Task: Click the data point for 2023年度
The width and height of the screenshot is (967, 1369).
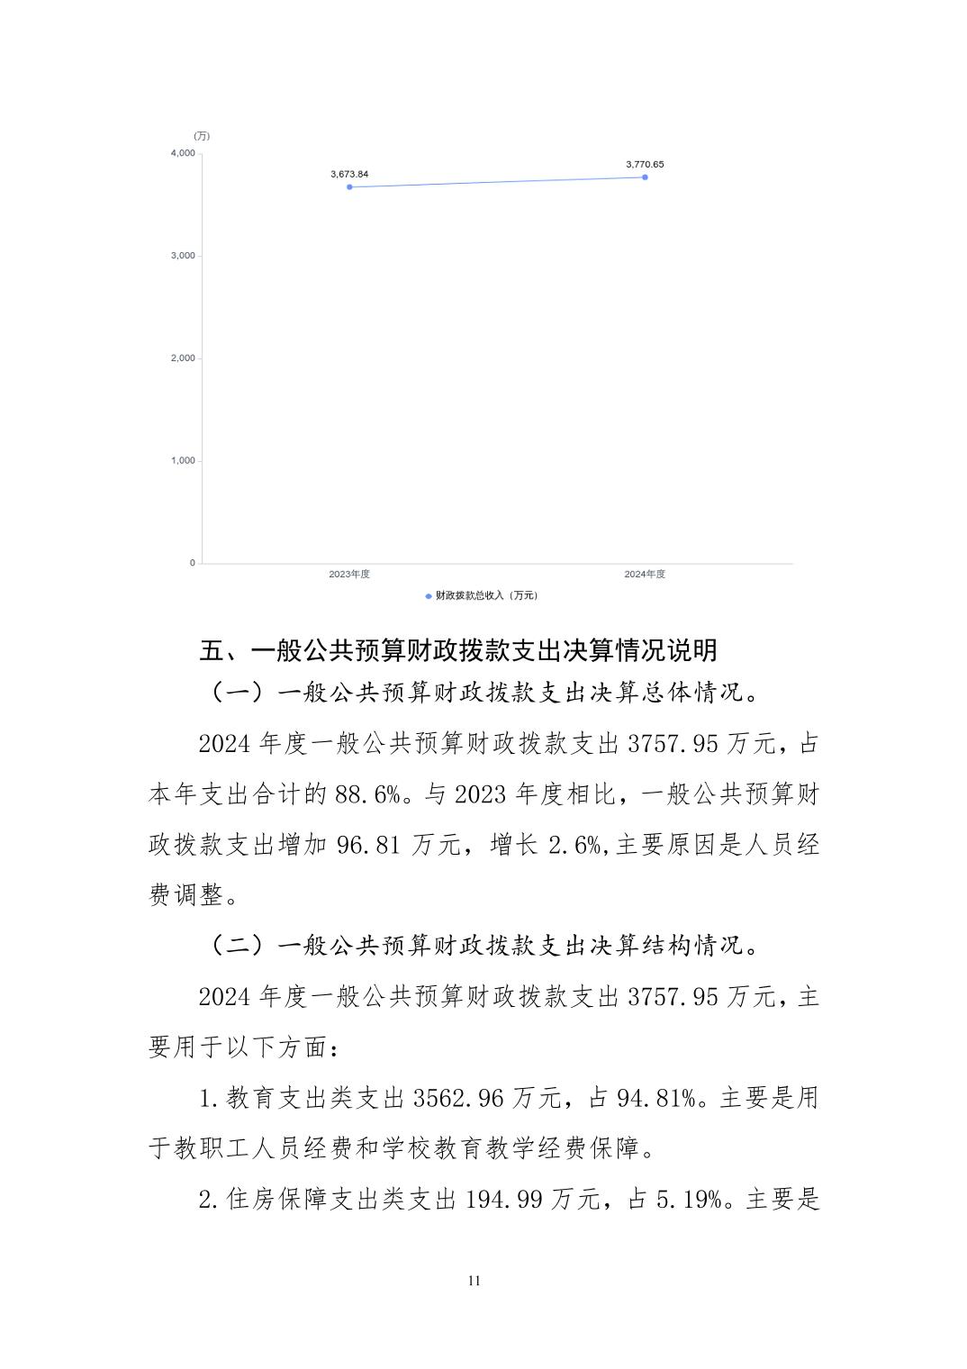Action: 349,186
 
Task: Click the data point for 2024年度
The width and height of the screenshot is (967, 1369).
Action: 645,177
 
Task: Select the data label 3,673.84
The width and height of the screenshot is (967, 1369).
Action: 349,174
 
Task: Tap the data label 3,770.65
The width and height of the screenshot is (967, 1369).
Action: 645,164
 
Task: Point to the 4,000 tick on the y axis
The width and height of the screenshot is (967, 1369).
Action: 183,153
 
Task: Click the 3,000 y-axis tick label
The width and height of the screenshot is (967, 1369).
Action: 183,256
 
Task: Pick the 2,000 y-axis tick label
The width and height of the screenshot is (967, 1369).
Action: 183,358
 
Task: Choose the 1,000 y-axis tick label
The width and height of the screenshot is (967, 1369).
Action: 183,460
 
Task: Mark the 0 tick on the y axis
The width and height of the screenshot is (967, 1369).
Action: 192,563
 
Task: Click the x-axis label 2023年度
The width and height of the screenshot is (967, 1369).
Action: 349,575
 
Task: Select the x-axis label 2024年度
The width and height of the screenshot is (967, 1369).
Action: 645,575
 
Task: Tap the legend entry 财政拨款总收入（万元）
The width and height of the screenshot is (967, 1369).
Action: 482,595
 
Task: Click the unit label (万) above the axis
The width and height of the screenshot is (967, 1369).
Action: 202,136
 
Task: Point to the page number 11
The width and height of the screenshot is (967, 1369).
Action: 474,1281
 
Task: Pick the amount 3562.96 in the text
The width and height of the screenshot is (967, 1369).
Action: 459,1099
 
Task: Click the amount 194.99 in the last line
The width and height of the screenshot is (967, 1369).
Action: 505,1200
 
